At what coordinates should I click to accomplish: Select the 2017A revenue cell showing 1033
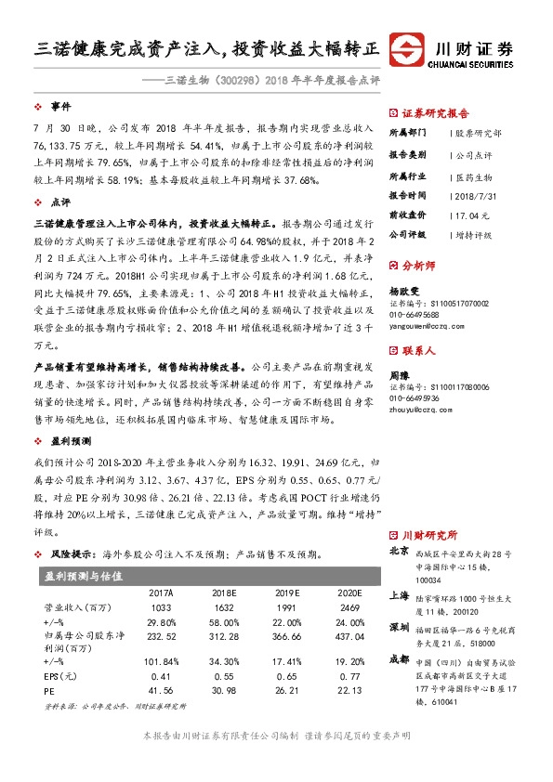tap(162, 606)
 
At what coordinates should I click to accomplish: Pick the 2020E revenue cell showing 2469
tap(347, 606)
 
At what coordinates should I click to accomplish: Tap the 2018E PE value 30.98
tap(223, 691)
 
